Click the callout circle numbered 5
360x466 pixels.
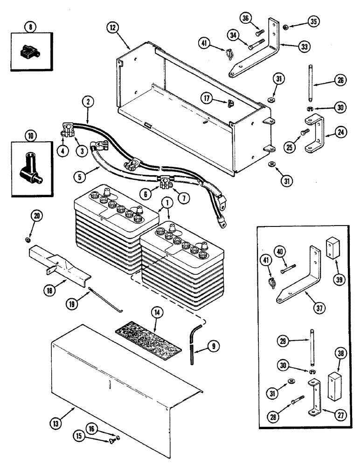(x=80, y=177)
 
